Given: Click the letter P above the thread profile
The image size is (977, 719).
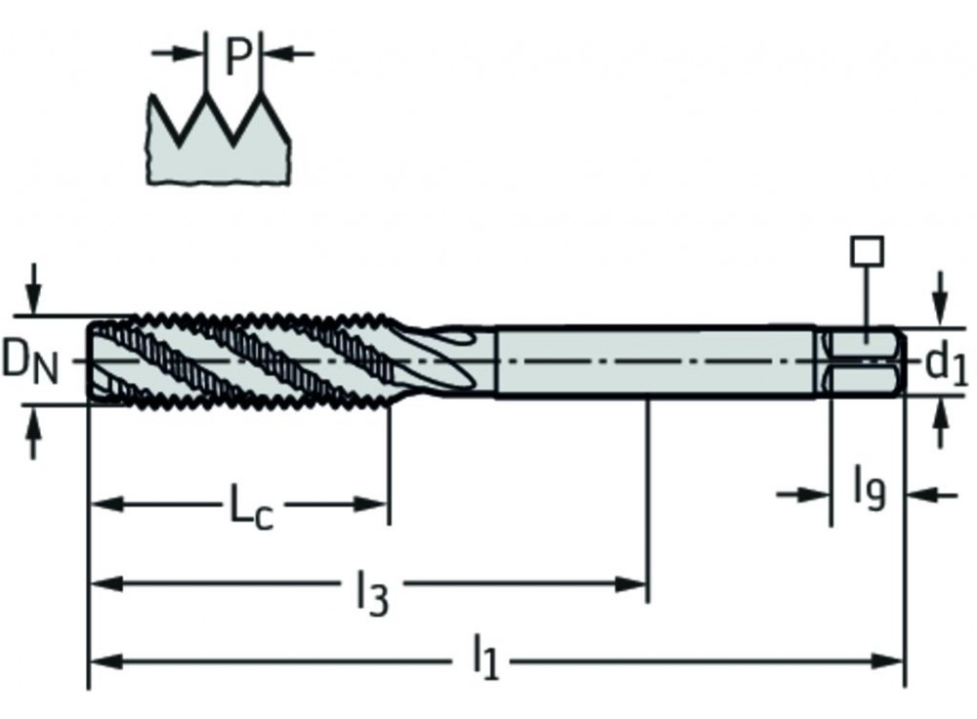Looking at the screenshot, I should [235, 57].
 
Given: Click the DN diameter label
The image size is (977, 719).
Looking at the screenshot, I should [30, 362].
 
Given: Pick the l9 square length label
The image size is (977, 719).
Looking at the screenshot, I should [868, 489].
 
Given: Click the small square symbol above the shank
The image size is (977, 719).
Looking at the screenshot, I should [867, 252].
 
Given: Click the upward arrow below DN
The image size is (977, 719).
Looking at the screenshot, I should [36, 434].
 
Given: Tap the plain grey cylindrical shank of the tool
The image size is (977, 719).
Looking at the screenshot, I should [655, 361].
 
